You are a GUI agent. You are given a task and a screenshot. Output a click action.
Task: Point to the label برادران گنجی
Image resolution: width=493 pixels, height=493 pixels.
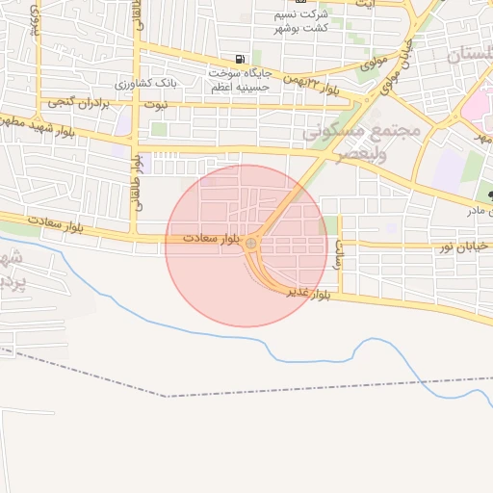pos(69,101)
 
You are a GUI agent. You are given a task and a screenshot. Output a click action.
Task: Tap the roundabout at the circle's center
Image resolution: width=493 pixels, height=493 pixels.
pos(251,244)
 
